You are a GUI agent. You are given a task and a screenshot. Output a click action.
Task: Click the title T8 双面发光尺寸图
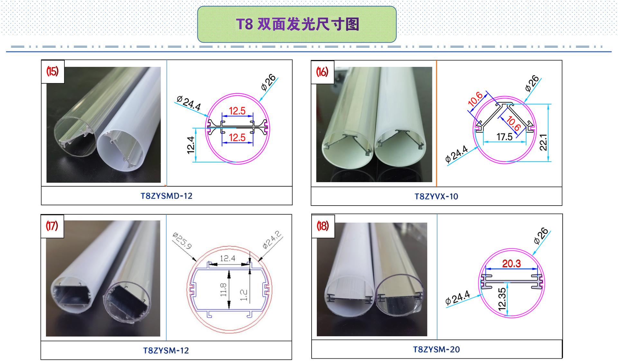click(x=297, y=24)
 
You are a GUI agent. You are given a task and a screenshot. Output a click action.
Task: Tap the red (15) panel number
click(x=52, y=71)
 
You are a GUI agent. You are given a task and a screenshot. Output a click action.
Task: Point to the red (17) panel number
click(x=52, y=226)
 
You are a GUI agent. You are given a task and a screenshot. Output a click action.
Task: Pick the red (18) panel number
click(x=323, y=226)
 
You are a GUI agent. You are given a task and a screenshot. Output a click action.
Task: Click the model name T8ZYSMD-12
click(x=166, y=196)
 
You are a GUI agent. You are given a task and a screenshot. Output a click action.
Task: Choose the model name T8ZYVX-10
click(x=436, y=197)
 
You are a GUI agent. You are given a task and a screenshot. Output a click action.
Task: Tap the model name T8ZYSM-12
click(x=166, y=350)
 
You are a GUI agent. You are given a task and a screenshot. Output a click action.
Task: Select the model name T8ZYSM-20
click(x=436, y=349)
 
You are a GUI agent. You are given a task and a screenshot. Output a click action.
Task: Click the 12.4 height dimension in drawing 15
click(x=191, y=145)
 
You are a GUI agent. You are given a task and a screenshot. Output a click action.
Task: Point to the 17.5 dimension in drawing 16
click(x=504, y=137)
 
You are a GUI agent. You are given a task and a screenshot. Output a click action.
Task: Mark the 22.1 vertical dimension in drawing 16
click(x=543, y=142)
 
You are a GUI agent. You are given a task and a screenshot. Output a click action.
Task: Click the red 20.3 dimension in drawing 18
click(x=511, y=264)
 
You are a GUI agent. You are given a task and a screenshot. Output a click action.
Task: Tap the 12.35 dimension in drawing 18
click(x=502, y=299)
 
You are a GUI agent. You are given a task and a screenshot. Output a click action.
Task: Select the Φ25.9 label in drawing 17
click(x=182, y=241)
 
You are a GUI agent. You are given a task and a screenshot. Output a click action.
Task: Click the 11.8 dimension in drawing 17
click(x=224, y=290)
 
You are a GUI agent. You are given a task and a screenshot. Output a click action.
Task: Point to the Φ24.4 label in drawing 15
click(x=189, y=103)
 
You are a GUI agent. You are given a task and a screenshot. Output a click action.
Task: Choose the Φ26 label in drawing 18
click(x=541, y=236)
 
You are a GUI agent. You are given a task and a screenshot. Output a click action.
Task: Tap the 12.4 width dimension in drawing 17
click(x=228, y=258)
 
